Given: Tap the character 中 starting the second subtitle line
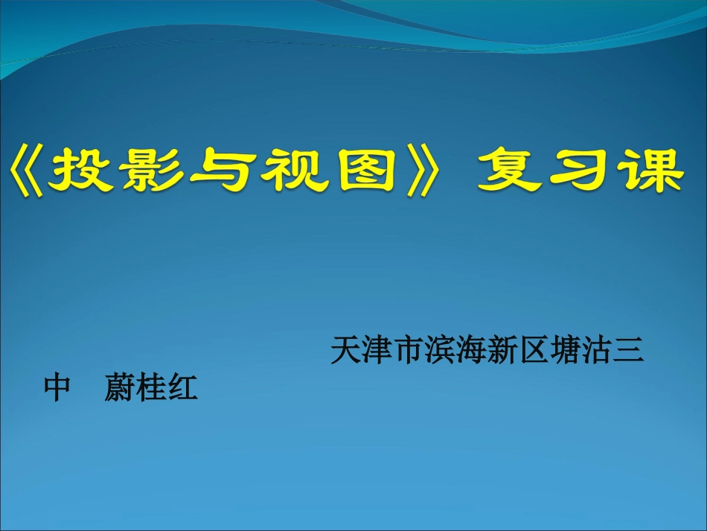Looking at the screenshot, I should [57, 389].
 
